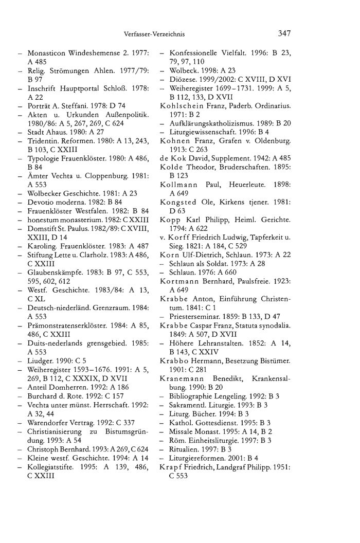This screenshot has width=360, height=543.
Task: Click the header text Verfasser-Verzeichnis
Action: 154,34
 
